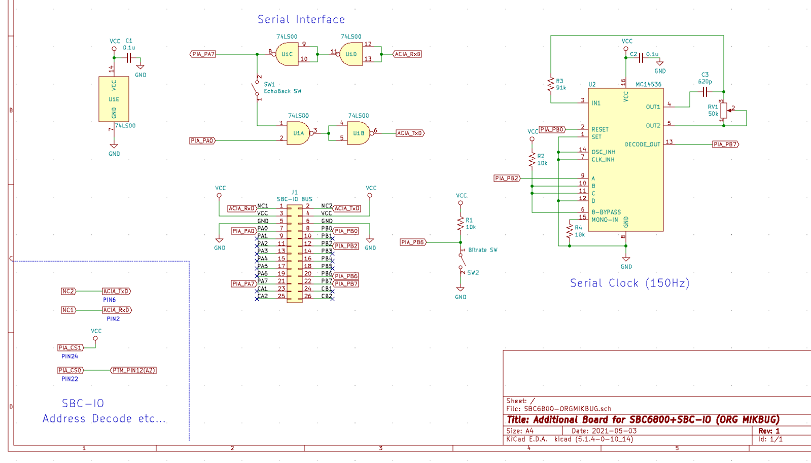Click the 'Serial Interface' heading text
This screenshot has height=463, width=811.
(x=301, y=20)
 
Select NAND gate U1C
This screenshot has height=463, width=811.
(x=287, y=54)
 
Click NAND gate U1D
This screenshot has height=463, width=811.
(x=351, y=54)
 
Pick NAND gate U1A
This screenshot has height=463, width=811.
(x=298, y=133)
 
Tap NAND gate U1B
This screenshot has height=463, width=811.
(x=358, y=133)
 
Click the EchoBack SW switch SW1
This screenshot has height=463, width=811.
(x=257, y=88)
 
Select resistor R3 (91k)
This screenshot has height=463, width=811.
(x=551, y=84)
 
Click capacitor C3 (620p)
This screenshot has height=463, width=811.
(x=704, y=92)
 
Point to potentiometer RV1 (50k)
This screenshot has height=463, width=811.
(x=724, y=109)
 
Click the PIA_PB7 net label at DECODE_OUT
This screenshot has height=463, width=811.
(x=725, y=145)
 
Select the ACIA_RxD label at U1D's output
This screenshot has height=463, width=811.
(x=408, y=54)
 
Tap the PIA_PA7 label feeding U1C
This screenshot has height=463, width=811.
(x=203, y=54)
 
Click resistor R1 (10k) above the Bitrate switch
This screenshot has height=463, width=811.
(x=461, y=224)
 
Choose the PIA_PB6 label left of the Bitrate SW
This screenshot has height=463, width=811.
(x=413, y=242)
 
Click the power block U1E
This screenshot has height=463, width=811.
(x=114, y=99)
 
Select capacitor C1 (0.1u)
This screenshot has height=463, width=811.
(x=129, y=58)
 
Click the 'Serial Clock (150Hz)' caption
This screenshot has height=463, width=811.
(x=629, y=283)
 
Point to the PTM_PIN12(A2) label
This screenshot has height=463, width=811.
(x=133, y=371)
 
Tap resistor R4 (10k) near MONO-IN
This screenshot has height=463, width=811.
(x=570, y=231)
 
